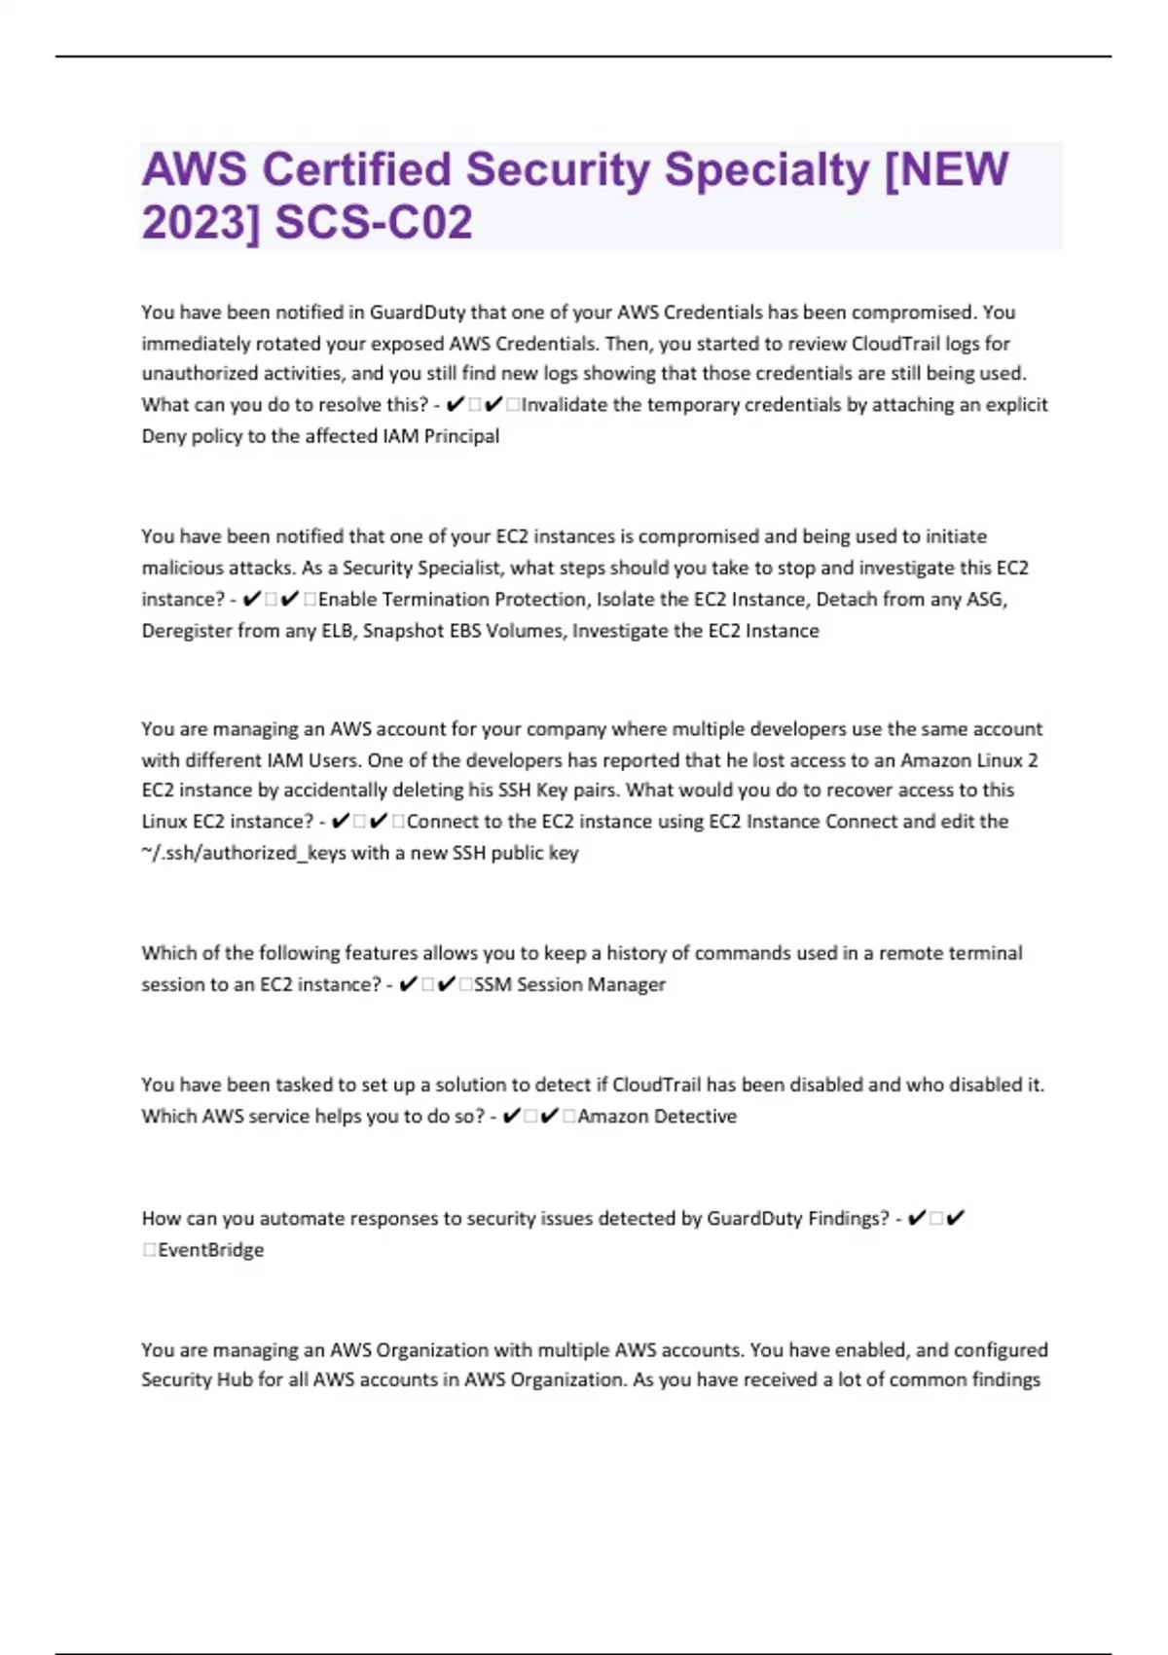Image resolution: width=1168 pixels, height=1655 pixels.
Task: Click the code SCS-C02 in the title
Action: pyautogui.click(x=375, y=222)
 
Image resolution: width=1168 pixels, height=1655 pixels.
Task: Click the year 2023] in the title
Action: pyautogui.click(x=201, y=222)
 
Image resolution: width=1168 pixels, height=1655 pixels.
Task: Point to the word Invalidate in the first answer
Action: pyautogui.click(x=566, y=405)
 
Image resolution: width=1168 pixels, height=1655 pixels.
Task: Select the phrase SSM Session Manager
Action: pyautogui.click(x=570, y=984)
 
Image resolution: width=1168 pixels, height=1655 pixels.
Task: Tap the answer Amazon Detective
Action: pyautogui.click(x=657, y=1117)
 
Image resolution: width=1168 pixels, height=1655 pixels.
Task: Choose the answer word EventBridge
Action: pyautogui.click(x=210, y=1250)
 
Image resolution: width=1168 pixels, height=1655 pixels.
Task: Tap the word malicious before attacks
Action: pyautogui.click(x=181, y=568)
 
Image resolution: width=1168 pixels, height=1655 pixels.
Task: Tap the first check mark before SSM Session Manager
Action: pyautogui.click(x=409, y=984)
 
